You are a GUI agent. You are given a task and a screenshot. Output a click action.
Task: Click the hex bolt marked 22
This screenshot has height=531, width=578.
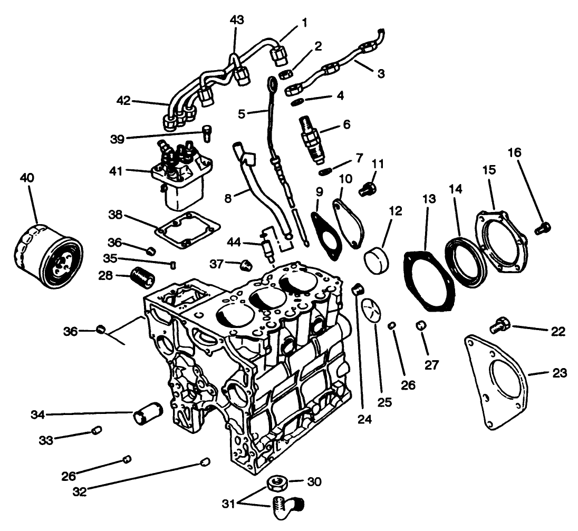click(498, 325)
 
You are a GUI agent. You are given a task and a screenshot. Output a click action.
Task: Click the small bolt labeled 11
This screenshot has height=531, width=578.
click(367, 188)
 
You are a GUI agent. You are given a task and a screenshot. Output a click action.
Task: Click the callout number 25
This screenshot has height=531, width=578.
click(385, 402)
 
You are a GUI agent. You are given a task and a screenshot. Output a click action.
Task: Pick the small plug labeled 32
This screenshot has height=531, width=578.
click(206, 462)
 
